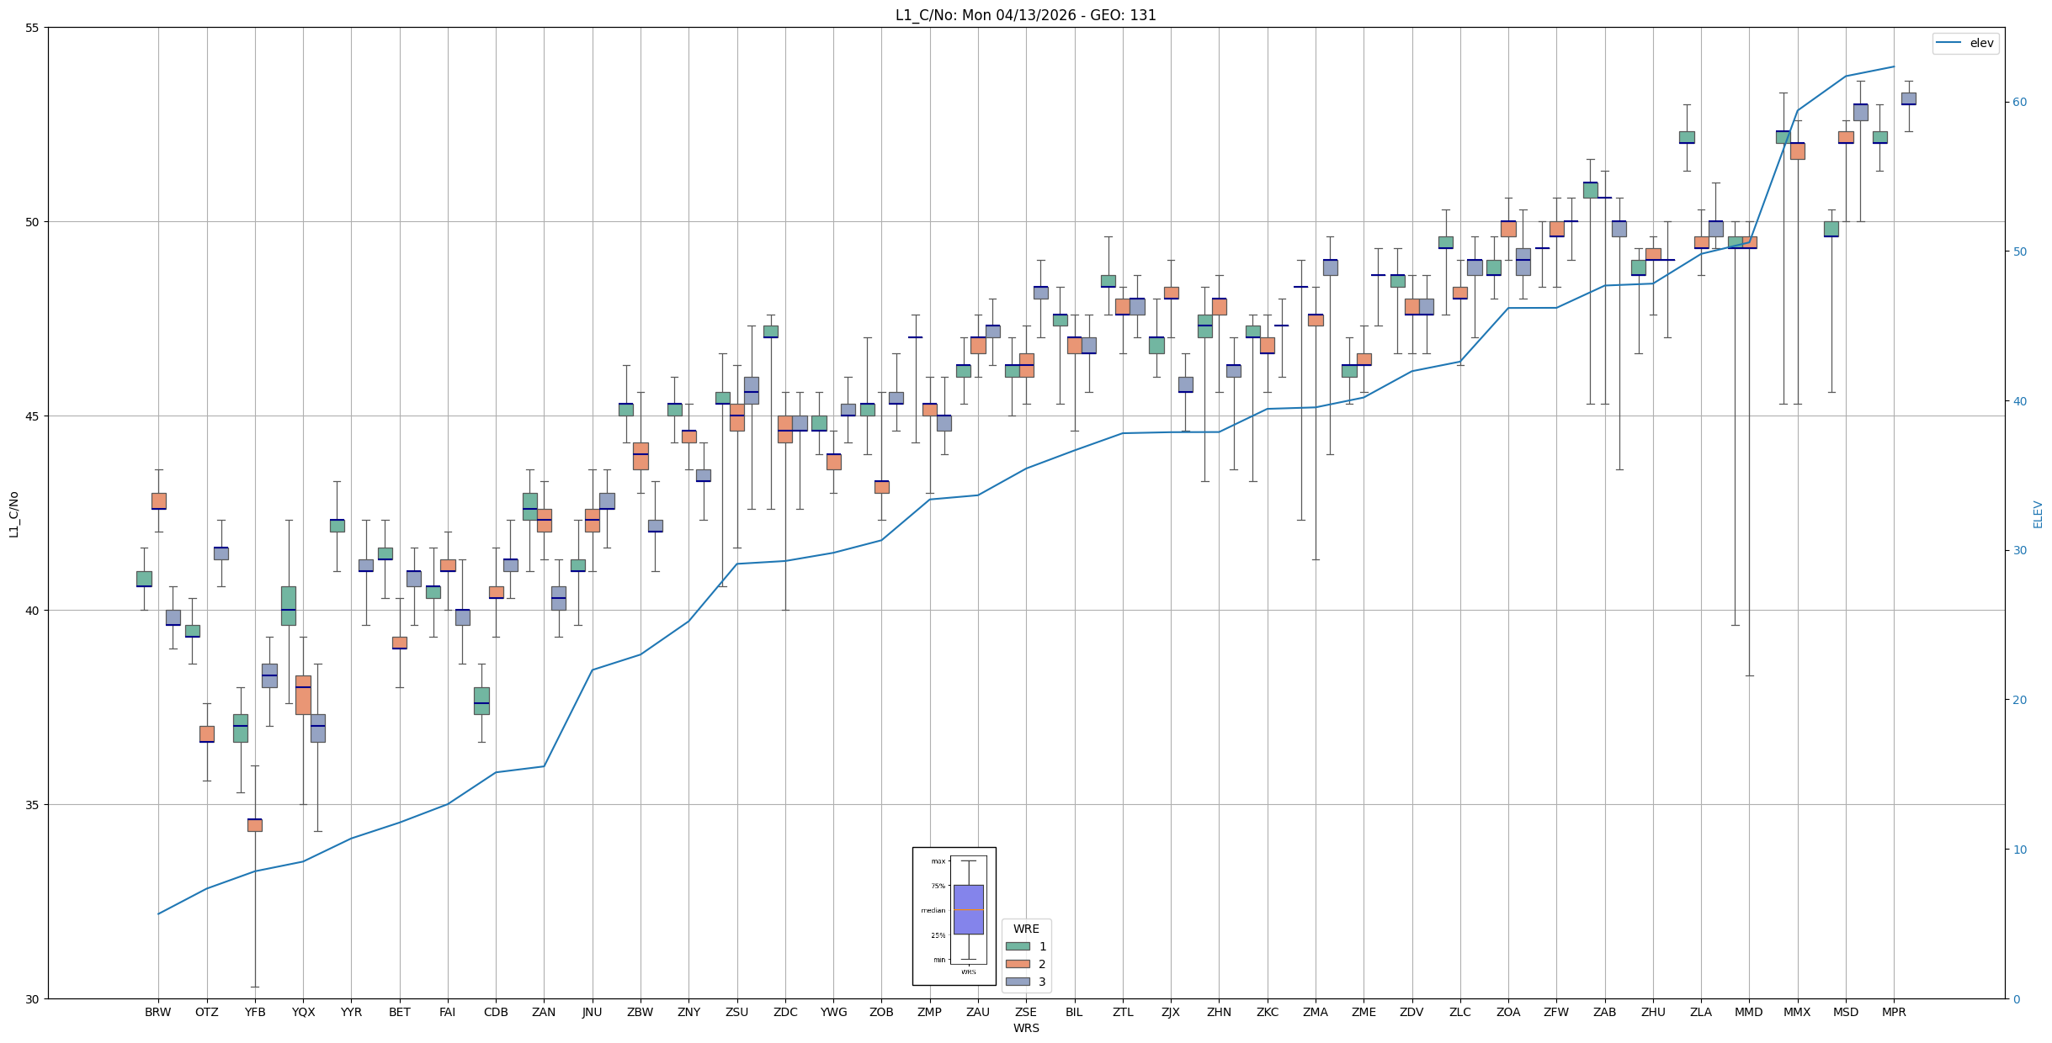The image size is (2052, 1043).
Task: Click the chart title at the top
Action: (1025, 15)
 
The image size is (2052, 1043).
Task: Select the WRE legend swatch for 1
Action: (1018, 946)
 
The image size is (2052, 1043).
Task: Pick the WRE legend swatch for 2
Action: (1018, 964)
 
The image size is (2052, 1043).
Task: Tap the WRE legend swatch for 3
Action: (1018, 982)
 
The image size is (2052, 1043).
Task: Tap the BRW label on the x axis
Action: (157, 1012)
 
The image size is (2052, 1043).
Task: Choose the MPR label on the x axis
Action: (1894, 1012)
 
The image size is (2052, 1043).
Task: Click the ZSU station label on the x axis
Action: (736, 1012)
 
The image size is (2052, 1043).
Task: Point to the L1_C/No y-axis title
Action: (13, 514)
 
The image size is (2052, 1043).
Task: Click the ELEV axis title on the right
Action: (2038, 514)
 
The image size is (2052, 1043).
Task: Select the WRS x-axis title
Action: (1025, 1028)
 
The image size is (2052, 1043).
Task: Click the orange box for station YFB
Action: (255, 825)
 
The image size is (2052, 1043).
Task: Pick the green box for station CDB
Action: (481, 701)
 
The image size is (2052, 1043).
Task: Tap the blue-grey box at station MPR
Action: (1908, 98)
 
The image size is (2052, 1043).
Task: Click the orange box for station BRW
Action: (158, 501)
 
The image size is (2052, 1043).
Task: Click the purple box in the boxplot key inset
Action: (968, 909)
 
